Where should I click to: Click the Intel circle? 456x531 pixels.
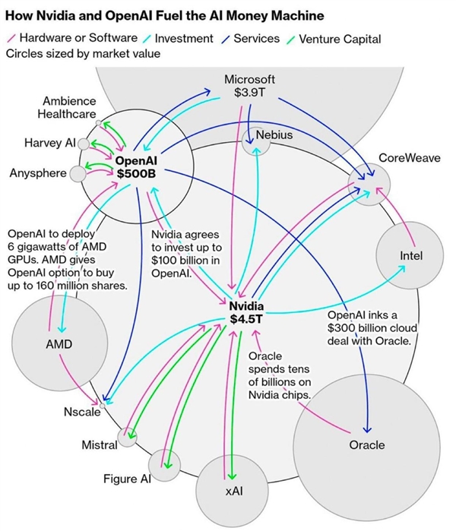tap(410, 257)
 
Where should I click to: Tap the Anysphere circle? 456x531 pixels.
tap(77, 174)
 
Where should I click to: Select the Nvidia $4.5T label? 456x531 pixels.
tap(245, 312)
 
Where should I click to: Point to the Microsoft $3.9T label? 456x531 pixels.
tap(249, 86)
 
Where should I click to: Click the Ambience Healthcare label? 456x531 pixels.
tap(69, 107)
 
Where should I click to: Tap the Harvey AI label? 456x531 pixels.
tap(49, 142)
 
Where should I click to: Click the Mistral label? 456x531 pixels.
tap(99, 444)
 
